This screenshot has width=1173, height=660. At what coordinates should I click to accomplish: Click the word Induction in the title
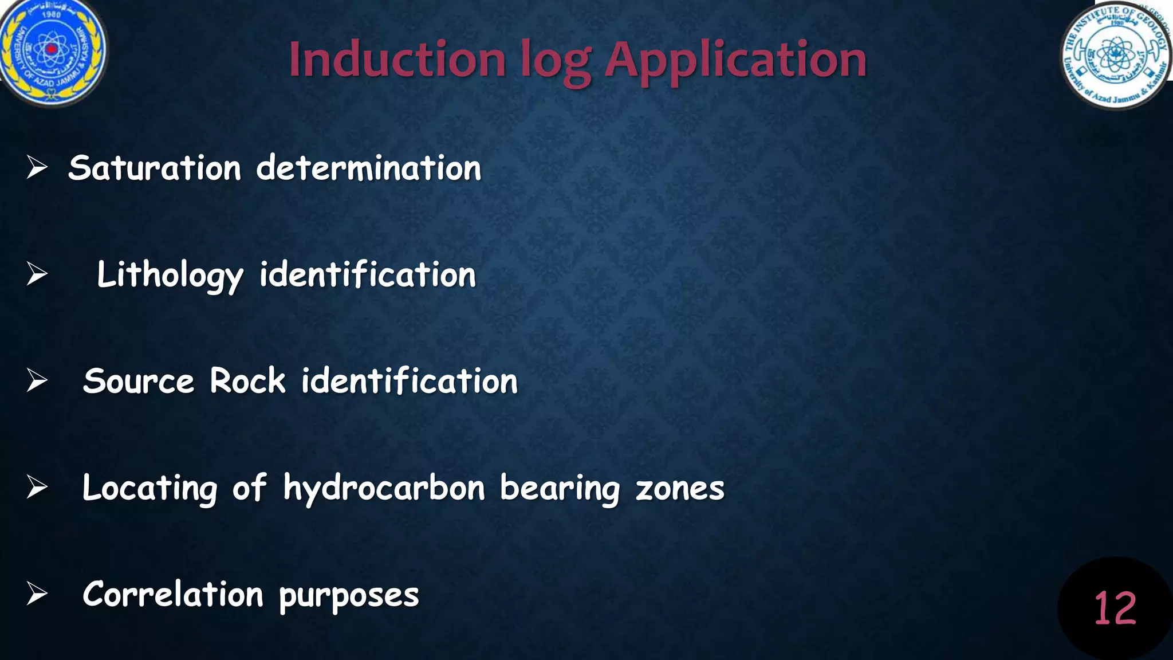point(397,60)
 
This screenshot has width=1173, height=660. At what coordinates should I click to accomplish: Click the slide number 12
point(1115,608)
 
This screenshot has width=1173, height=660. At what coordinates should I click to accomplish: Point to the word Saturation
point(155,168)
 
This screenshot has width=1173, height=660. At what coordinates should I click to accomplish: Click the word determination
point(369,168)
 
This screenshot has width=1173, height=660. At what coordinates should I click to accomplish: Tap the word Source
point(139,382)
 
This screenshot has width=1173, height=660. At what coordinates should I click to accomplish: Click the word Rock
point(247,381)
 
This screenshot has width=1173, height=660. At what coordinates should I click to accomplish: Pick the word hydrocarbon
point(384,489)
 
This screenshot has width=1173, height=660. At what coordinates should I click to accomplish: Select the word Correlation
point(173,595)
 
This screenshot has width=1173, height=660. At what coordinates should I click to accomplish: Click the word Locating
point(150,489)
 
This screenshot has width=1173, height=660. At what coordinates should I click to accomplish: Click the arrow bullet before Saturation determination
point(37,168)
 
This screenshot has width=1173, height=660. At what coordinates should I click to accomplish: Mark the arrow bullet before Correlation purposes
point(37,594)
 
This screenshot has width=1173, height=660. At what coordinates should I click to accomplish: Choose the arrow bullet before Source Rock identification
point(37,381)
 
